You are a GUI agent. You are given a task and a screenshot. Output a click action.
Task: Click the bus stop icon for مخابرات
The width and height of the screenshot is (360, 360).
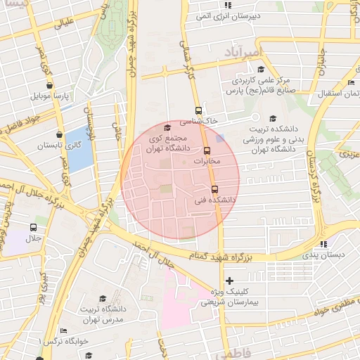pyautogui.click(x=207, y=150)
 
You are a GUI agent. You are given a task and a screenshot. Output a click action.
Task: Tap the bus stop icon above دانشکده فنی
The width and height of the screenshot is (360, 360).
pyautogui.click(x=214, y=189)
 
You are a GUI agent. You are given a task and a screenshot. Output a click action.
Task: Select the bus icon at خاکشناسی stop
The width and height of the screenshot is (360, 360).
pyautogui.click(x=198, y=110)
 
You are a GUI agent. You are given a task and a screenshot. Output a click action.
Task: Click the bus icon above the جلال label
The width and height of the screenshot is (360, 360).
pyautogui.click(x=33, y=227)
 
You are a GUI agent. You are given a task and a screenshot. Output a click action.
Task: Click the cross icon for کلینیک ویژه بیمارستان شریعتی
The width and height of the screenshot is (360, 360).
pyautogui.click(x=229, y=281)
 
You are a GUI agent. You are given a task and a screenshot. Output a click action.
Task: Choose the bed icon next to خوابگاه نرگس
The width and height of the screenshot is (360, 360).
pyautogui.click(x=64, y=330)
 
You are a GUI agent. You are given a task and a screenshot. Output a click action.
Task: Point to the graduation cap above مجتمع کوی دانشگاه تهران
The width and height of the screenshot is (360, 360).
pyautogui.click(x=167, y=127)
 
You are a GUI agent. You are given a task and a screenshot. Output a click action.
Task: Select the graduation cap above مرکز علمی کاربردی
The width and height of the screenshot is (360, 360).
pyautogui.click(x=261, y=69)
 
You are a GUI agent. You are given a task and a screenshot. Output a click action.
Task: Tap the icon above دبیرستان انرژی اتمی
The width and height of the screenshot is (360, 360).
pyautogui.click(x=227, y=4)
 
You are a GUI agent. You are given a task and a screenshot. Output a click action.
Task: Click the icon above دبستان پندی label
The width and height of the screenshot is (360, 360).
pyautogui.click(x=323, y=243)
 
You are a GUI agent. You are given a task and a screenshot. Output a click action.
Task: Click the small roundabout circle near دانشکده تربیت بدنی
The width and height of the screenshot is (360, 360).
pyautogui.click(x=256, y=117)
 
